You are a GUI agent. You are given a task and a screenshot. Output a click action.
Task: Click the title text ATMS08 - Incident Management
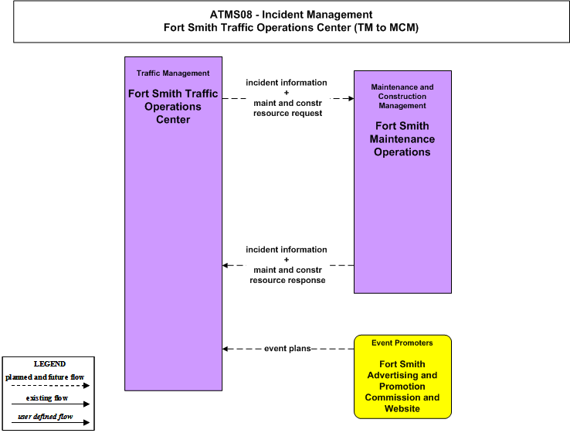291,15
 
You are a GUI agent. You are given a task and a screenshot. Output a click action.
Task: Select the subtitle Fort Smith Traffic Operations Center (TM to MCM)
291,28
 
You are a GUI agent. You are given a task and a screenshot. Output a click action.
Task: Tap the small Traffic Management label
173,73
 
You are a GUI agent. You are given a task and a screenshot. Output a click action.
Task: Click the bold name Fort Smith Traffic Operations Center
173,106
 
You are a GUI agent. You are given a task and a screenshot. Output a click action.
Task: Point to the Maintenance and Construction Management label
402,97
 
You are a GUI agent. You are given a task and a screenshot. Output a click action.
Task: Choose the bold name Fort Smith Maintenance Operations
402,139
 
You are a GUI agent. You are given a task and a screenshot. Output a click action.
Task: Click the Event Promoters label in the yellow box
402,343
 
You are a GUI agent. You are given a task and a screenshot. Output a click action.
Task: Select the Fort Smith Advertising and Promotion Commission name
402,386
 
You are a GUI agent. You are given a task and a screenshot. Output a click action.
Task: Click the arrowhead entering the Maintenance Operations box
351,98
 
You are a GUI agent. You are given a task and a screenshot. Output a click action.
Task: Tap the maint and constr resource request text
287,108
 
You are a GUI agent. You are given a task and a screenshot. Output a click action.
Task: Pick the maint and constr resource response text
287,275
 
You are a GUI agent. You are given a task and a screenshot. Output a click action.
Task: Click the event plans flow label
287,349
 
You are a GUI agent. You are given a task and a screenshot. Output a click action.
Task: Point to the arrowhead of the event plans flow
226,349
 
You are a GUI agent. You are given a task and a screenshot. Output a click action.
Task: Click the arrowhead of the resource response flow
226,265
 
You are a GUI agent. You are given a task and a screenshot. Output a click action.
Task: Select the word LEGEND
49,364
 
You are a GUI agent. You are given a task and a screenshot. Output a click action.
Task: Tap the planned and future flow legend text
45,377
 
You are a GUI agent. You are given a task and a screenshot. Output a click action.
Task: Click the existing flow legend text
47,398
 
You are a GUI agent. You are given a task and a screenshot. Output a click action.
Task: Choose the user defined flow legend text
46,417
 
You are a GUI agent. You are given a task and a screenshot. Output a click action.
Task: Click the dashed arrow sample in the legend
50,386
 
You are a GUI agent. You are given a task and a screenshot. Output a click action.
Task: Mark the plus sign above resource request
287,93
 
